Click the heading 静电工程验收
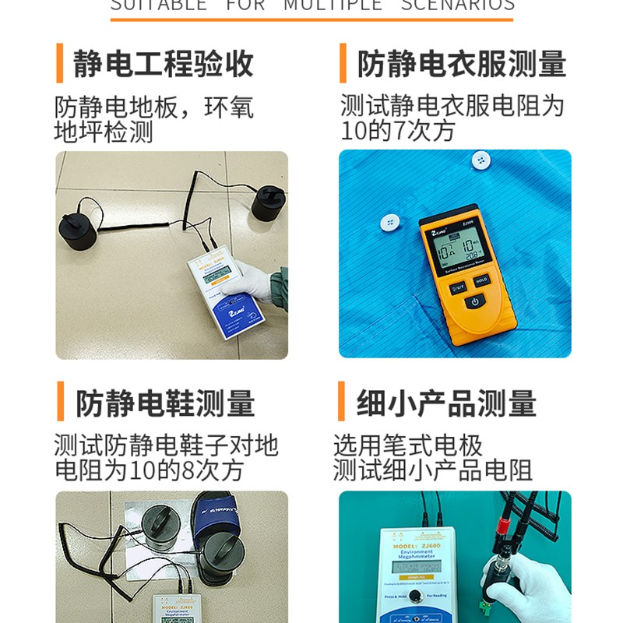click(x=164, y=64)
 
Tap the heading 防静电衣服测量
click(x=461, y=64)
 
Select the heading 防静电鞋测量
click(x=165, y=403)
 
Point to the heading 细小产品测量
click(x=446, y=403)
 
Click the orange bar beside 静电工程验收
click(x=59, y=64)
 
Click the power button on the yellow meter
click(x=477, y=300)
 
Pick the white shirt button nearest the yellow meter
click(x=389, y=223)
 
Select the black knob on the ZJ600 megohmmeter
click(x=417, y=597)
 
